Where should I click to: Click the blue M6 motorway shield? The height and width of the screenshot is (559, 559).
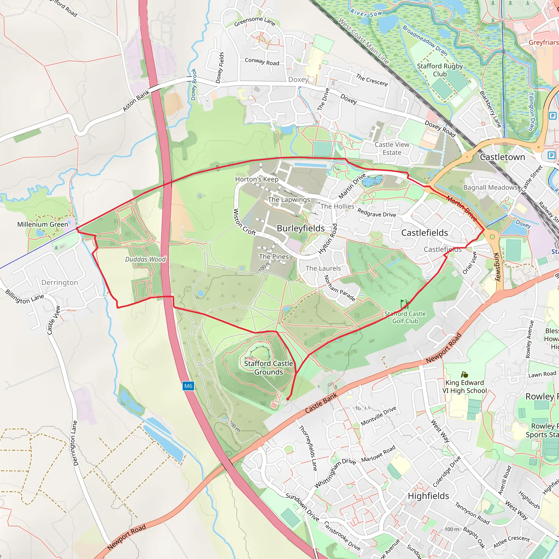188,386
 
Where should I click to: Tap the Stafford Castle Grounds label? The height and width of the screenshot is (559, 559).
268,368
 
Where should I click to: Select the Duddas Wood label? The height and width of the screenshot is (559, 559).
145,259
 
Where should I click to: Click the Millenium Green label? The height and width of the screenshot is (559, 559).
43,224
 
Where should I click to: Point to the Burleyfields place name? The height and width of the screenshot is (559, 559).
301,228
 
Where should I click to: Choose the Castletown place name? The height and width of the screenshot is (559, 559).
502,157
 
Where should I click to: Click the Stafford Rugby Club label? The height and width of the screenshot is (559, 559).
440,70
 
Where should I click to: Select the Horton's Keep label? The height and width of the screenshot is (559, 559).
257,179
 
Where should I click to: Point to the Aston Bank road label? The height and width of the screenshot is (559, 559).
136,101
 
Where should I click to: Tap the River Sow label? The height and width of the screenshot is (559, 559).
366,13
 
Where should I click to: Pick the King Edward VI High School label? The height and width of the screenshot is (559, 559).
464,386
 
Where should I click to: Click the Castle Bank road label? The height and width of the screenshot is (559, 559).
321,403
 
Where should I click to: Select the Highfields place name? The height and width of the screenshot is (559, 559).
428,496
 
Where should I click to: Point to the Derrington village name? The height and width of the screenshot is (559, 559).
60,283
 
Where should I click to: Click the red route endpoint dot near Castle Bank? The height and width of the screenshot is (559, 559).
288,399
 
